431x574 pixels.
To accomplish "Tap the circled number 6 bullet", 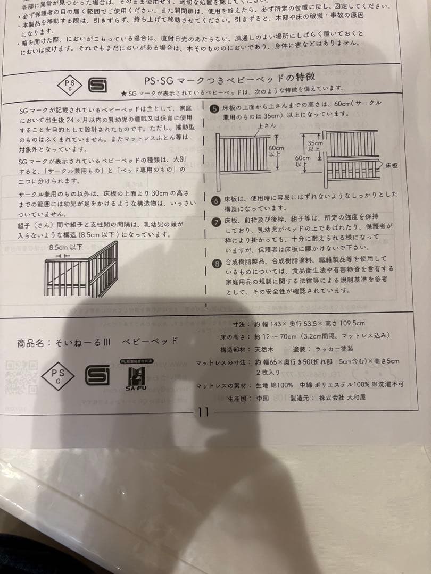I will pyautogui.click(x=215, y=200).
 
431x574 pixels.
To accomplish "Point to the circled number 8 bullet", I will pyautogui.click(x=217, y=263).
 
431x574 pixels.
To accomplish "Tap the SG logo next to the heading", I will pyautogui.click(x=97, y=85).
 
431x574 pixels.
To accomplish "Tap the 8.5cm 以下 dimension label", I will pyautogui.click(x=65, y=247).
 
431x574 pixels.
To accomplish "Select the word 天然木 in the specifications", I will pyautogui.click(x=264, y=349).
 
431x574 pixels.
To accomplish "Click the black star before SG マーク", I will pyautogui.click(x=123, y=94).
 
